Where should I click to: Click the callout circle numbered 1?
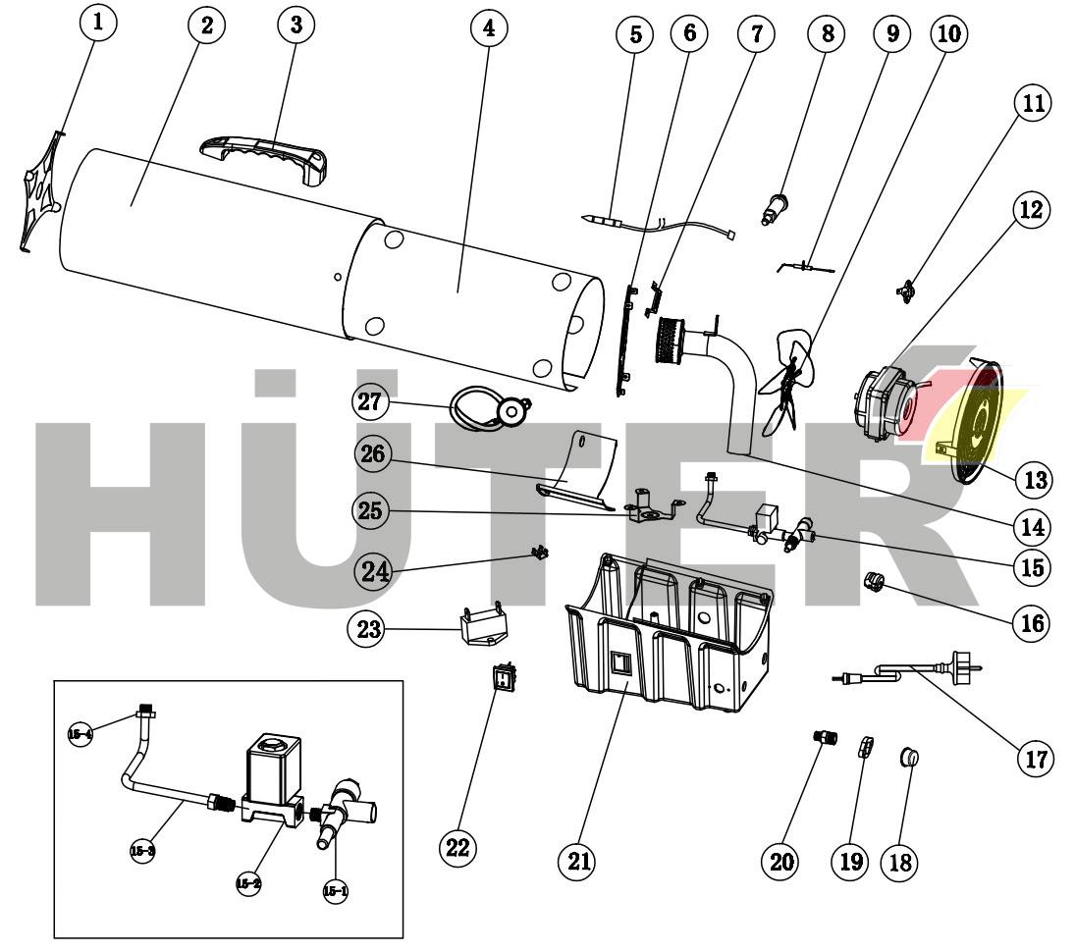coord(96,22)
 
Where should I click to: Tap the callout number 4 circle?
coord(488,27)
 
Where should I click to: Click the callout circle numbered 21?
coord(575,861)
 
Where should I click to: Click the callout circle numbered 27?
coord(372,402)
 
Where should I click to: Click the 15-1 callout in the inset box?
coord(334,891)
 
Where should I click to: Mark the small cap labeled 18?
coord(910,757)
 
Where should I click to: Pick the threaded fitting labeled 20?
coord(823,737)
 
